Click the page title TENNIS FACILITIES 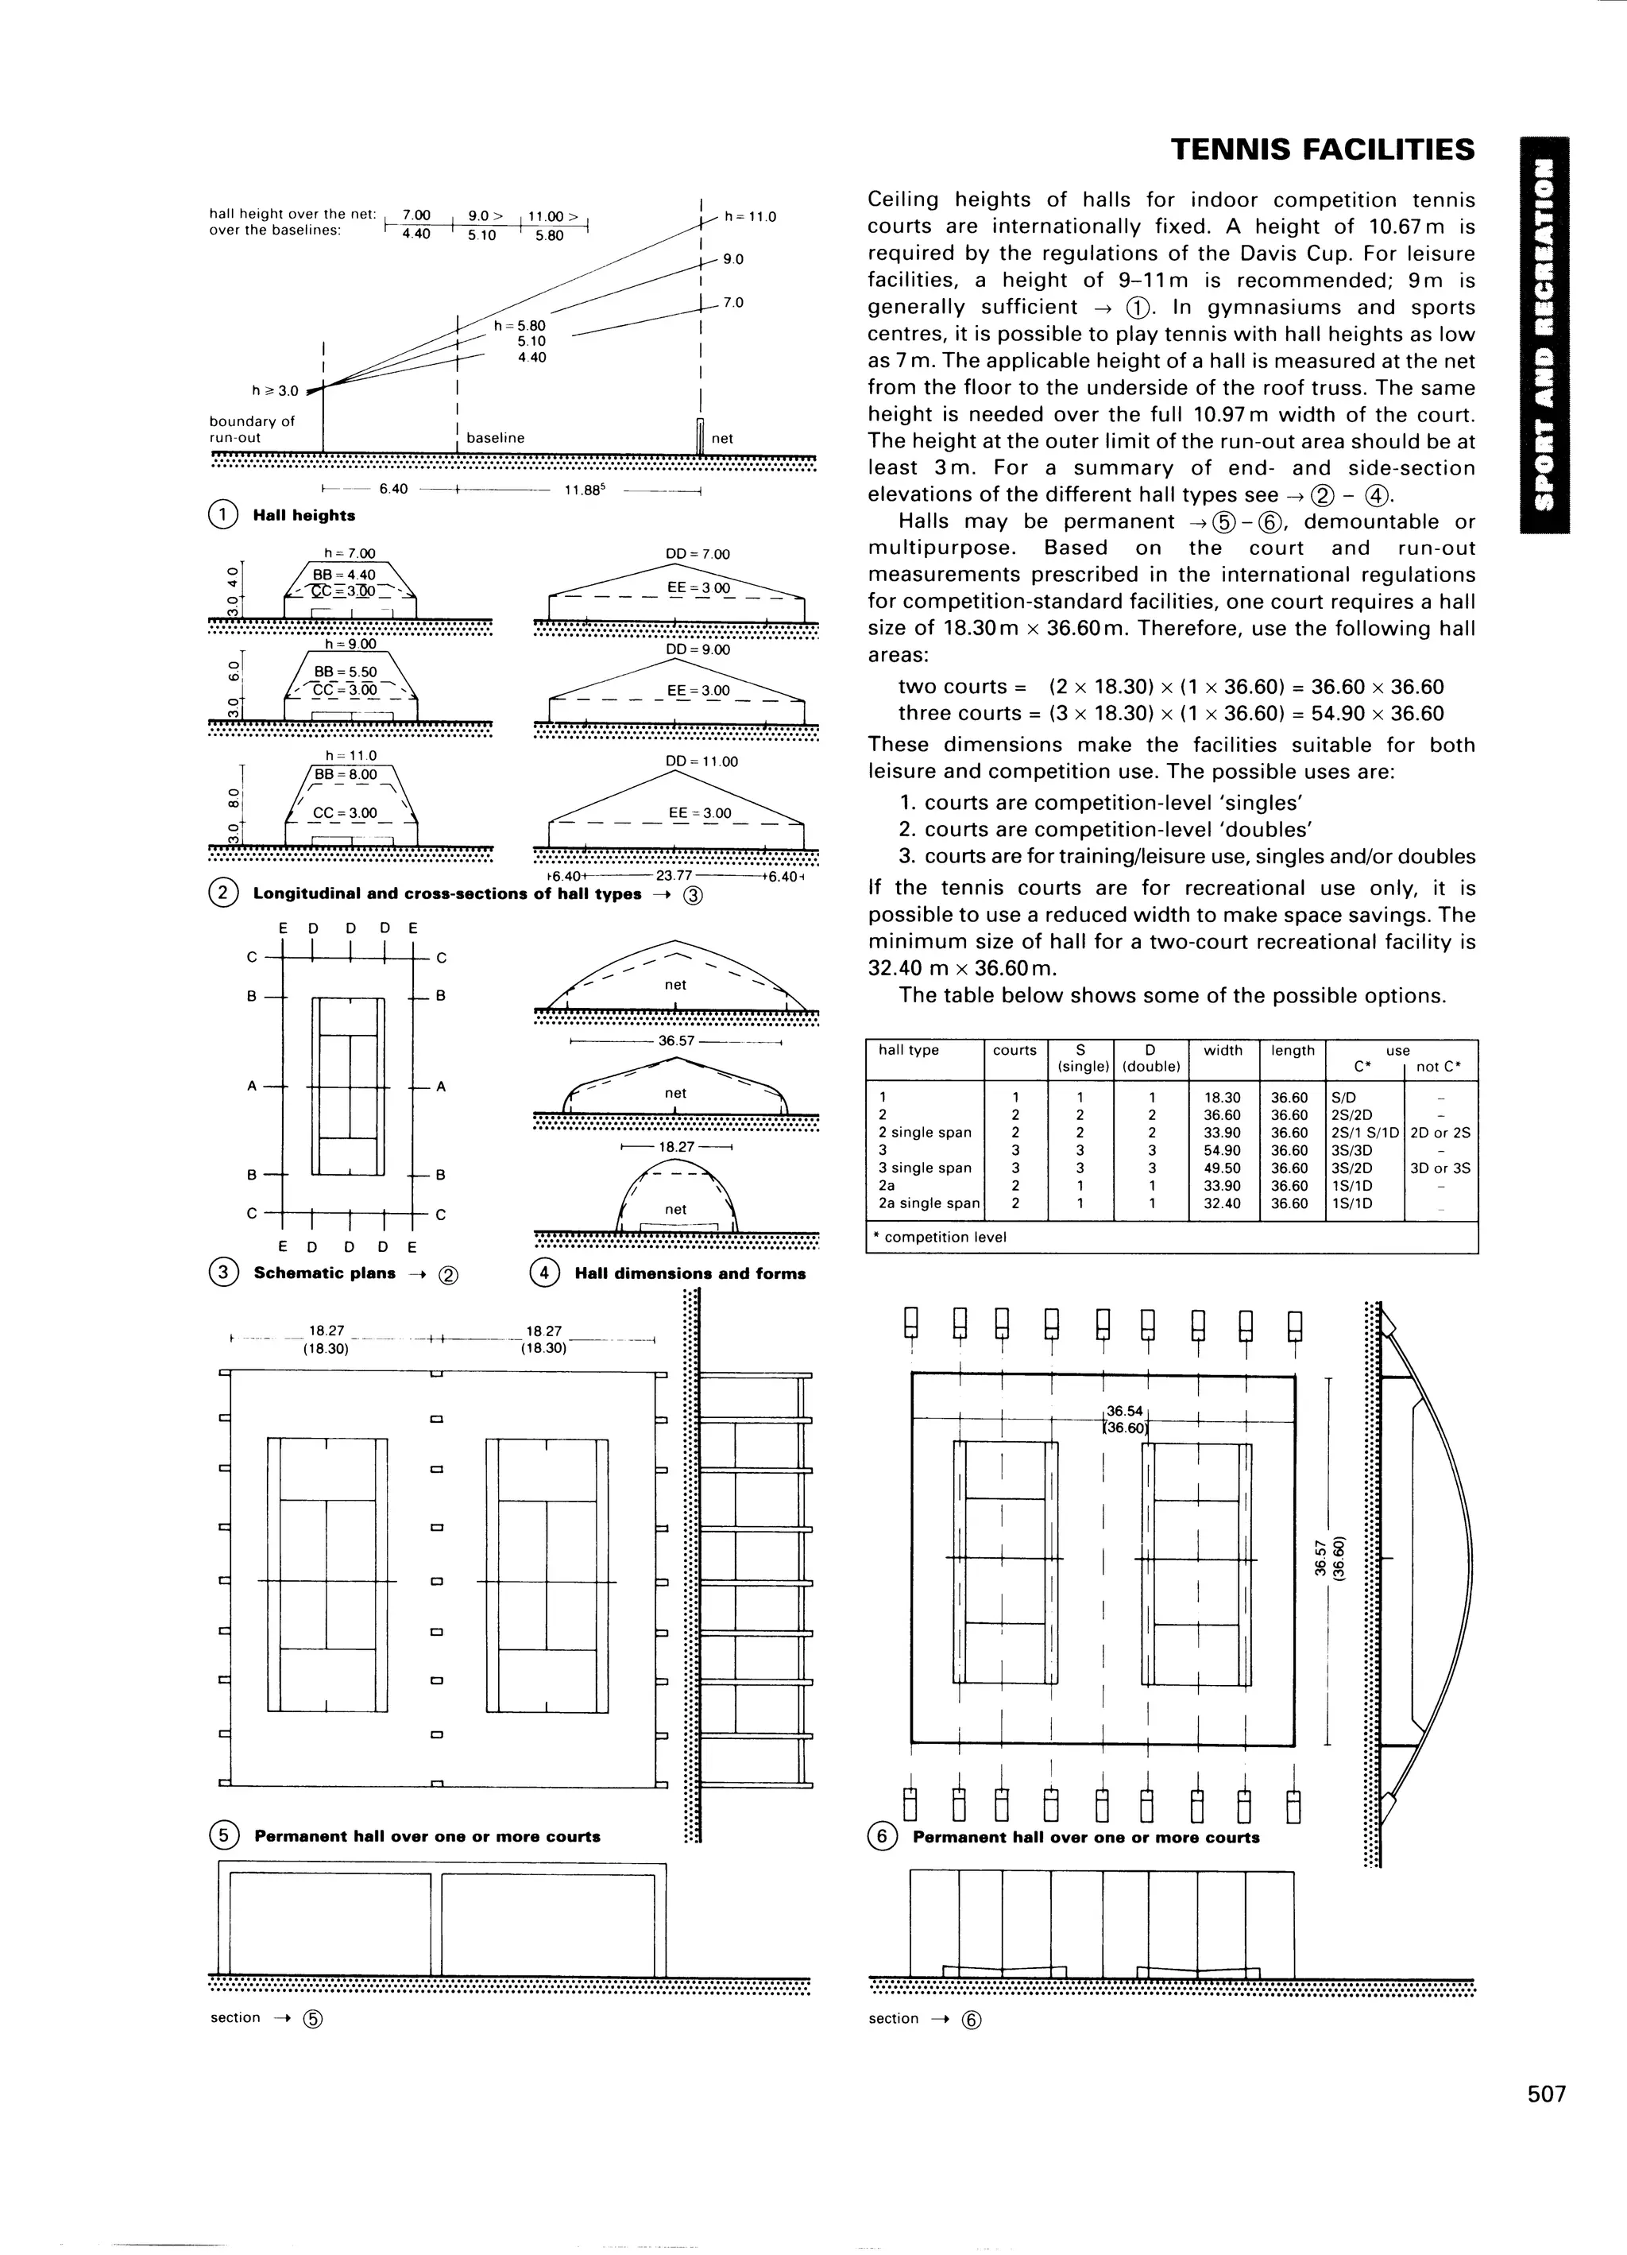1322,150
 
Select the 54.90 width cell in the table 1223,1150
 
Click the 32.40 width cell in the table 1223,1203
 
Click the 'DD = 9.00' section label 697,649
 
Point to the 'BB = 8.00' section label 346,774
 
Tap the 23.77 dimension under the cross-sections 674,876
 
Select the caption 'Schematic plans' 324,1273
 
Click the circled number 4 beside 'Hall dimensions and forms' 545,1273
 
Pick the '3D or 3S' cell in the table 1440,1168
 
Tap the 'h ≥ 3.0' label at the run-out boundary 274,391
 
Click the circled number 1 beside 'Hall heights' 222,515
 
